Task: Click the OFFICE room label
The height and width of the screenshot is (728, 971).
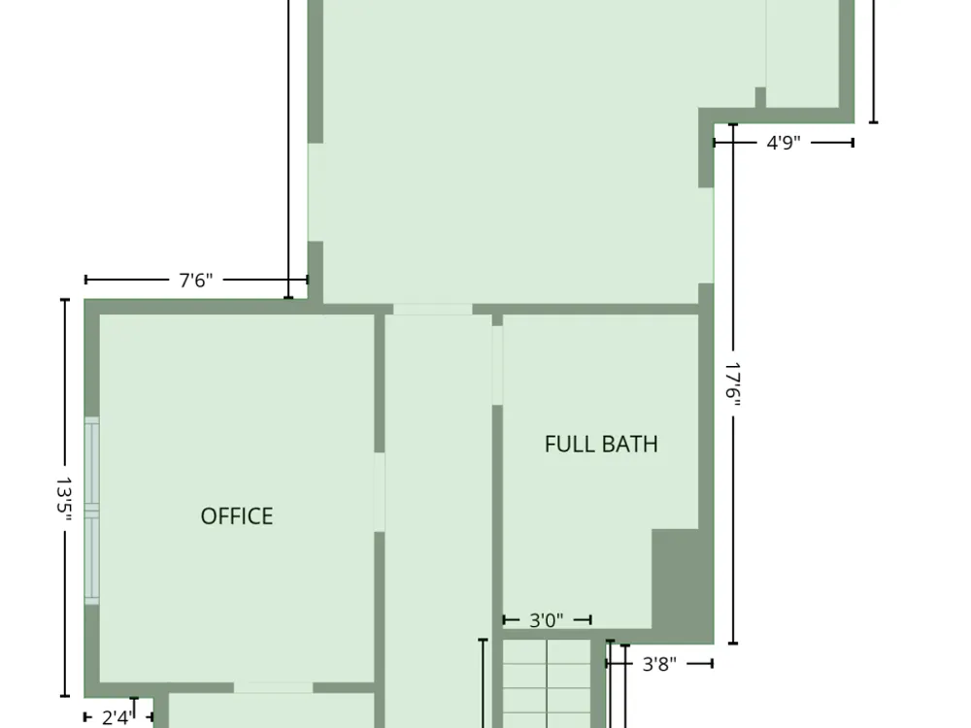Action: point(237,516)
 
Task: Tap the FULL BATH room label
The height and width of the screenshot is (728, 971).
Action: point(601,444)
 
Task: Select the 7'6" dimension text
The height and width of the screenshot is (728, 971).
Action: point(196,281)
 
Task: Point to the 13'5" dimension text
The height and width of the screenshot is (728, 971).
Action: point(64,499)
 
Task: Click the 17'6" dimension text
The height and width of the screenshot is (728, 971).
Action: point(733,384)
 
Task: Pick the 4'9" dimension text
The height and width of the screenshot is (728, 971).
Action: point(784,143)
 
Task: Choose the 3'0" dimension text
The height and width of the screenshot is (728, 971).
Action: point(546,619)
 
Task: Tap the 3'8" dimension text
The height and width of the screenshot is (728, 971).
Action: point(659,664)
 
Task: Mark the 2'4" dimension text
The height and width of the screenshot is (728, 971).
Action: point(117,717)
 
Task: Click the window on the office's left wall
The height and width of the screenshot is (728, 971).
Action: point(91,511)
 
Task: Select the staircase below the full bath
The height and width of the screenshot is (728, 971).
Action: point(546,684)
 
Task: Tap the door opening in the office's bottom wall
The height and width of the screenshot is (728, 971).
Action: point(273,688)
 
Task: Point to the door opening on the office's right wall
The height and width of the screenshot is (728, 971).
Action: point(379,492)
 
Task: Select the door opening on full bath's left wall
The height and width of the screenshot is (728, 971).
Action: point(496,365)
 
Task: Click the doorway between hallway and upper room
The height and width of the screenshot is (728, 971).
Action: point(433,310)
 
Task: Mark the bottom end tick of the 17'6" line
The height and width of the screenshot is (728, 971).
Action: point(733,644)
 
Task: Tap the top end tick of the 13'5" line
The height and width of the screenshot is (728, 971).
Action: point(64,300)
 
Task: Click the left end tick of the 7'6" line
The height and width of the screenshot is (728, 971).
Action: point(85,280)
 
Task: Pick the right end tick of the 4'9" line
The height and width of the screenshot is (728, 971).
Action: point(854,143)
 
